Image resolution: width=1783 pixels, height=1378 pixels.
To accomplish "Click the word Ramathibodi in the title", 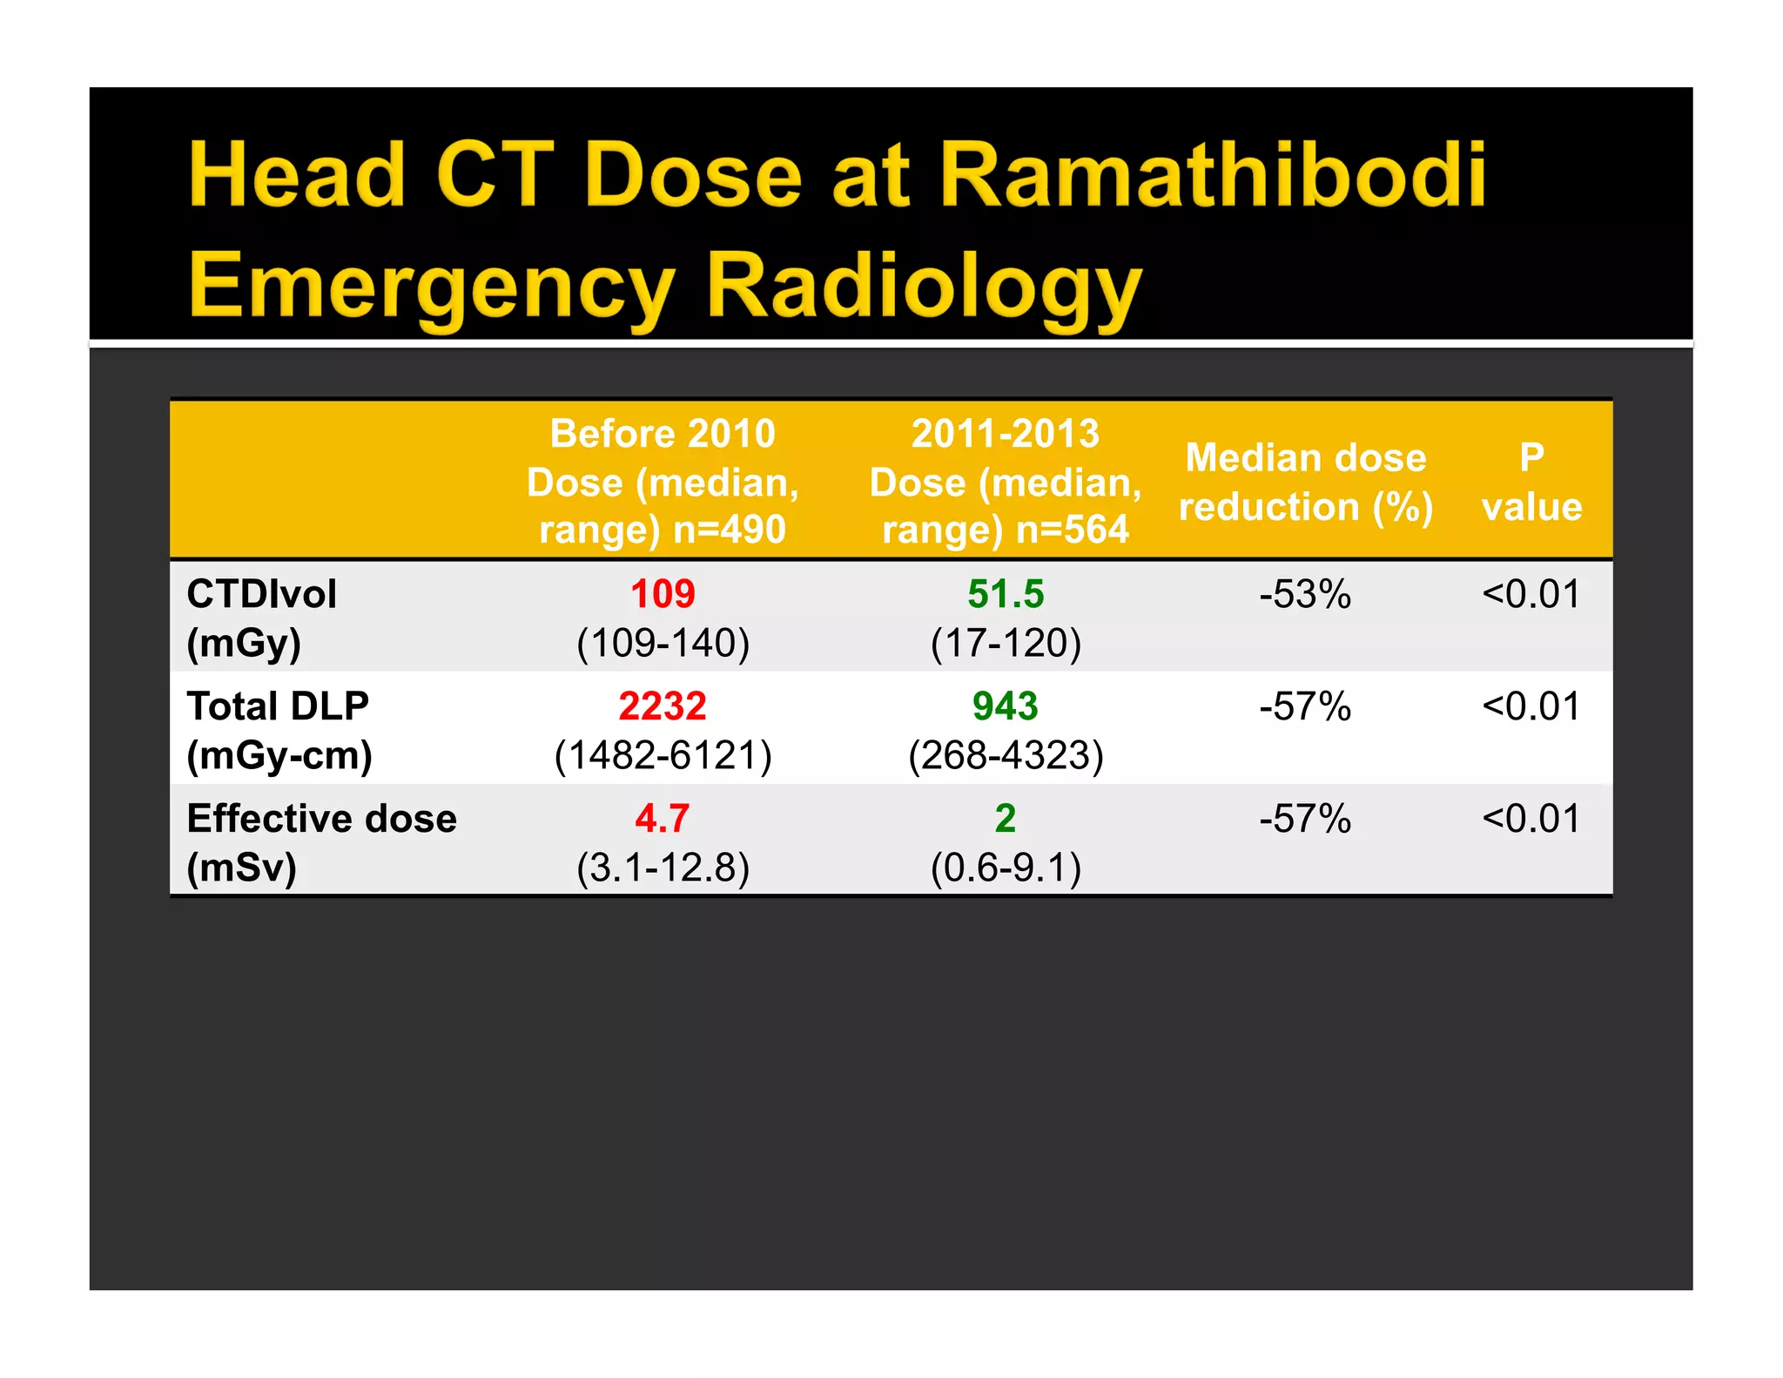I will (x=1212, y=176).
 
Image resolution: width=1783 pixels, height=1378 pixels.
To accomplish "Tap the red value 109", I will (x=663, y=595).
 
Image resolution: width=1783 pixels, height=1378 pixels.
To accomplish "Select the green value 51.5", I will (x=1006, y=595).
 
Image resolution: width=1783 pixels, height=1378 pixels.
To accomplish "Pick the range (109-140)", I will (x=663, y=644).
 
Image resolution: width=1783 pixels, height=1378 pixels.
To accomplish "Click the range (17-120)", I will (x=1006, y=644).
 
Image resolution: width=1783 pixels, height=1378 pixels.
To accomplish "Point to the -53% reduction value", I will (x=1305, y=595).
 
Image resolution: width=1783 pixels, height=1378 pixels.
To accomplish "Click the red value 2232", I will (x=663, y=706).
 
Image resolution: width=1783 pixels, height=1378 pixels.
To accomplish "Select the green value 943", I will (x=1006, y=706).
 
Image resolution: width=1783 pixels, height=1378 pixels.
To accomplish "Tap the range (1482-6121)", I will (x=663, y=755).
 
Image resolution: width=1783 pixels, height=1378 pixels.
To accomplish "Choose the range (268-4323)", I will (x=1006, y=755).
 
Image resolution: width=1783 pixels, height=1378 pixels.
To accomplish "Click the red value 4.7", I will (x=663, y=819).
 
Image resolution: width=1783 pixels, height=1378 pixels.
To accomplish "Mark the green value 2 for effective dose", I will (x=1006, y=819).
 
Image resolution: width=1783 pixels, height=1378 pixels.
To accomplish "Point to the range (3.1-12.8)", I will (x=663, y=868).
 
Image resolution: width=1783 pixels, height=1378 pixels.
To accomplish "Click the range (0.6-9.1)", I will (x=1006, y=868).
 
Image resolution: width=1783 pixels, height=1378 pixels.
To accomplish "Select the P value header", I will (x=1531, y=482).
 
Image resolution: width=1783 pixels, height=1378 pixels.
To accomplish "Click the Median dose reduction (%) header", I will (x=1305, y=482).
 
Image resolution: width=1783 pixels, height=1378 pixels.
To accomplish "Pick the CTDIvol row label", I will (x=261, y=595).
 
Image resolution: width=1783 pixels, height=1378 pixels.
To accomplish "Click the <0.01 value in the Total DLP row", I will (x=1531, y=706).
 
